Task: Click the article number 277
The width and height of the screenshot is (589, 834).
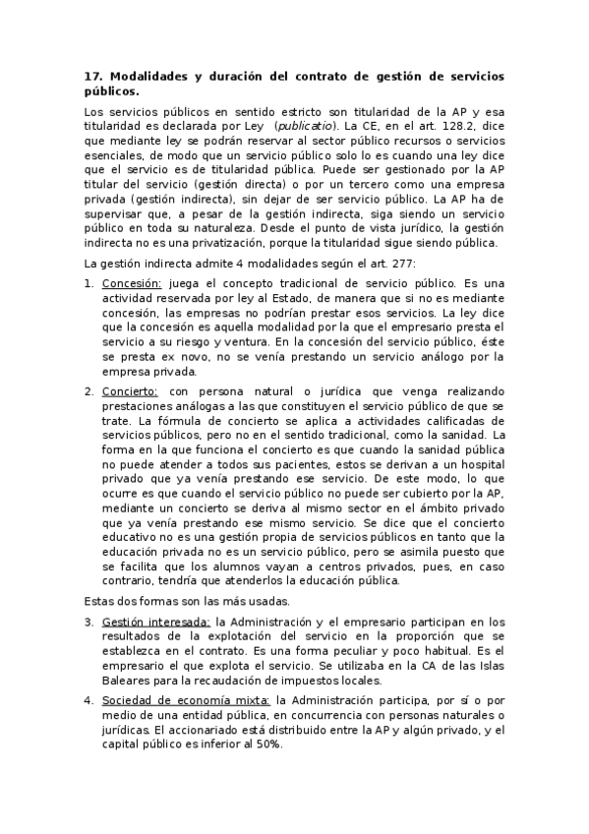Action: (x=401, y=263)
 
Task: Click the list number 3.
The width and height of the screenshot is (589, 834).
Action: (x=88, y=622)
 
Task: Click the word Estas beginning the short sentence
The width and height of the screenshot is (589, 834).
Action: (x=100, y=600)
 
